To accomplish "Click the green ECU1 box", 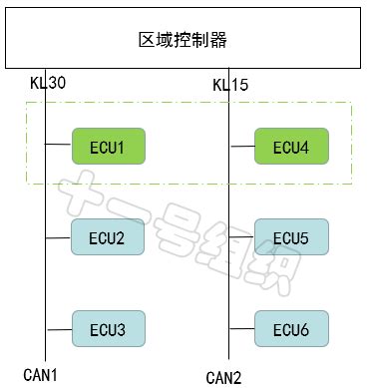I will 108,147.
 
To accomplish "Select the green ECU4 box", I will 290,147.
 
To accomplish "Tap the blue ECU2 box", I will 108,237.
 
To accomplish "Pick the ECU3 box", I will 108,328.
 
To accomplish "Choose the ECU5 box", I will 290,237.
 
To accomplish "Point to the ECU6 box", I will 290,328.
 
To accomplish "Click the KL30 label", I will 47,82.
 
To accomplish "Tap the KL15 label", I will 229,85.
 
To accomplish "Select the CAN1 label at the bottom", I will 43,374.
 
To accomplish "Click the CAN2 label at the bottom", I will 224,377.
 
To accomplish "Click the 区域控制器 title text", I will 183,40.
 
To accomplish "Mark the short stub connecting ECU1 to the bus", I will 59,147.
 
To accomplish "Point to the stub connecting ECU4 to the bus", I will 241,147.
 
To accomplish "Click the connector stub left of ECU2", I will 59,237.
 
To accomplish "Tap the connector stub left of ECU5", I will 241,237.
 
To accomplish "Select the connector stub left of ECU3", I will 59,328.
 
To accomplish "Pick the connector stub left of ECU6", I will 241,328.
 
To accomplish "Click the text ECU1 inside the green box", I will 108,148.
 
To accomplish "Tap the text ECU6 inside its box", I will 290,329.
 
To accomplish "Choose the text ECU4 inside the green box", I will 290,148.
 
